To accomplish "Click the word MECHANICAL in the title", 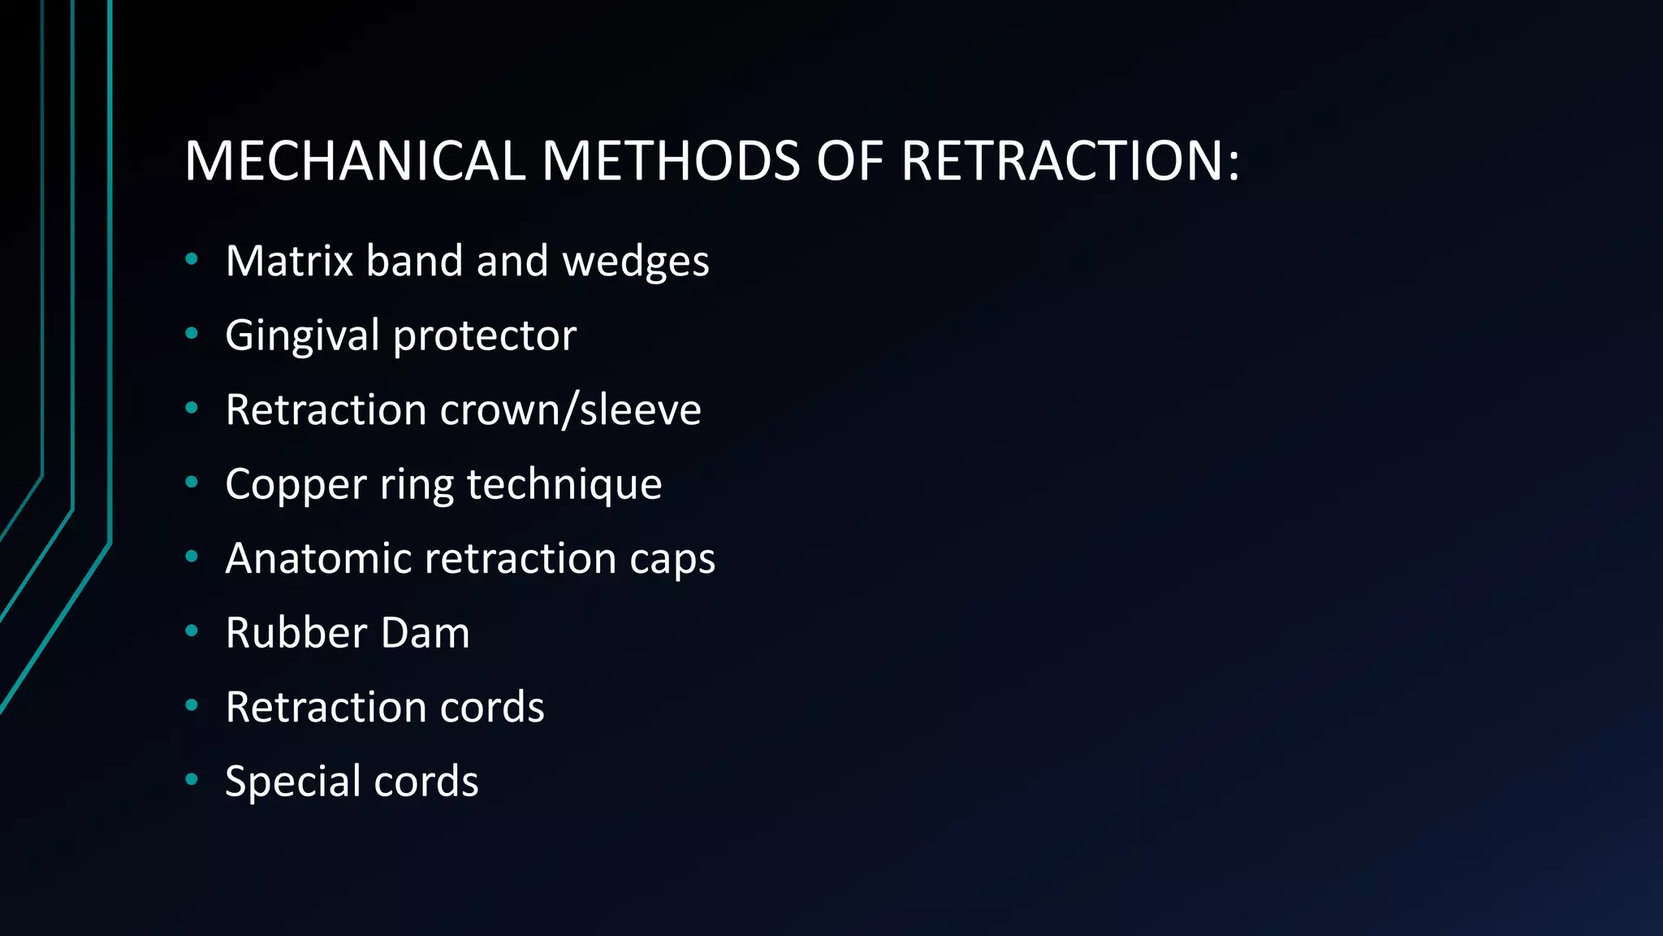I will pos(355,160).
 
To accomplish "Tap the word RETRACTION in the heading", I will pos(1059,160).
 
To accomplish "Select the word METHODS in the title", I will pos(671,160).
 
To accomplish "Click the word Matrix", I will pos(289,261).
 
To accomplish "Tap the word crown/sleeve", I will pos(570,409).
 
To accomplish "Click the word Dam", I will pos(425,633).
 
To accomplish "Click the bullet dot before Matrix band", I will pos(192,259).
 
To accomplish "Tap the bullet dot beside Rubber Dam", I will pos(192,630).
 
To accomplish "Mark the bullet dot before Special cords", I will pos(192,779).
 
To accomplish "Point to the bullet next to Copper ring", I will pos(192,482).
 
